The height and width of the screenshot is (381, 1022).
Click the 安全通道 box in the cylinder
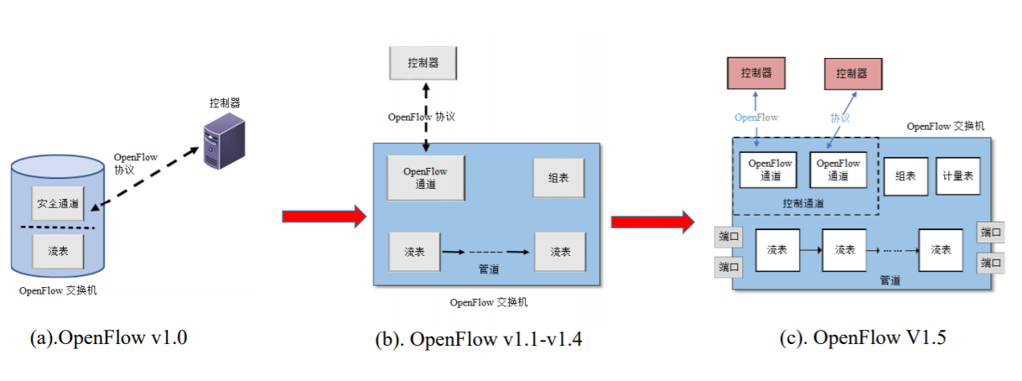(x=58, y=203)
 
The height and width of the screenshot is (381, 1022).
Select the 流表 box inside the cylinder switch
(x=58, y=251)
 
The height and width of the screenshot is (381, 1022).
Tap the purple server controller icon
(x=225, y=141)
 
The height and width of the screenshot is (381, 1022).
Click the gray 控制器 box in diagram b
(x=423, y=63)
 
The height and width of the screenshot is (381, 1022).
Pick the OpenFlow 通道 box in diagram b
(x=426, y=178)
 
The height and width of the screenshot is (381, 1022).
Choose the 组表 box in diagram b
(x=558, y=178)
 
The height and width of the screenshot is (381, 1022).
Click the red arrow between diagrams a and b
(x=324, y=216)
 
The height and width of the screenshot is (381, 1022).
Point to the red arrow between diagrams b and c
(x=653, y=222)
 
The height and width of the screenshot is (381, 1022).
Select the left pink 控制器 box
(x=756, y=73)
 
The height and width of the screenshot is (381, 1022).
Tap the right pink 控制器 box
(x=853, y=74)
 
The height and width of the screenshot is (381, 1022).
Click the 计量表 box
(x=958, y=176)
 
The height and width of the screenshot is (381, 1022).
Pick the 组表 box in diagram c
(x=905, y=176)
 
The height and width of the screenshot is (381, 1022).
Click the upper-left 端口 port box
(x=729, y=237)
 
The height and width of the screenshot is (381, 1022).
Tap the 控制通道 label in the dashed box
(x=803, y=204)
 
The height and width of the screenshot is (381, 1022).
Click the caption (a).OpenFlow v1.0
(x=109, y=338)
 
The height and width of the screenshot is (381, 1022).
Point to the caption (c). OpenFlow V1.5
(x=863, y=338)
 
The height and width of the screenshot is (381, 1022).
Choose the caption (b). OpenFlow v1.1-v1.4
(x=479, y=339)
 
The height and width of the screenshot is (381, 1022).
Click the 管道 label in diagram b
(x=489, y=269)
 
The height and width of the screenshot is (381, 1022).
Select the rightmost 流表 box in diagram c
(x=941, y=250)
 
